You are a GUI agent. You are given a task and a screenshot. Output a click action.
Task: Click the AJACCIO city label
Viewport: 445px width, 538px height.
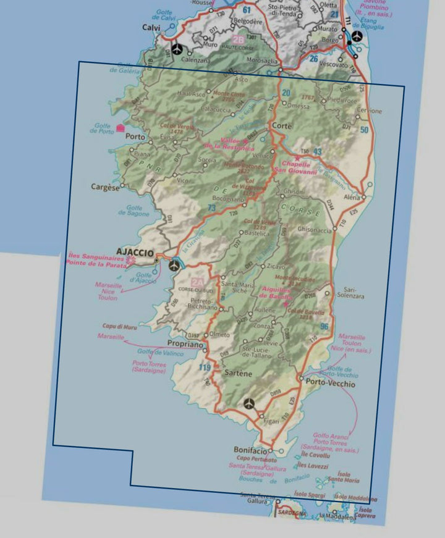click(135, 252)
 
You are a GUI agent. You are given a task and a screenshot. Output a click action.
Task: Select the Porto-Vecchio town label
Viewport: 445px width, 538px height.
click(331, 384)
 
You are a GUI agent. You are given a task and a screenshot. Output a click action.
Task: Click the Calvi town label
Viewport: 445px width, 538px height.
click(151, 28)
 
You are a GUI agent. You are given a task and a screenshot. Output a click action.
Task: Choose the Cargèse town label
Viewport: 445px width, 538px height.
click(104, 187)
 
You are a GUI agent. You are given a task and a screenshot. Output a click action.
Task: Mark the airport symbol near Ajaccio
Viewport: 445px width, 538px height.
click(175, 265)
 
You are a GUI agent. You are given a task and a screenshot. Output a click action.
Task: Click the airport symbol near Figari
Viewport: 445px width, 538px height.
click(249, 403)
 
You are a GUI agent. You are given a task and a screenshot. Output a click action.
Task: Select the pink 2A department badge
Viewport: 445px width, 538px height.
click(197, 283)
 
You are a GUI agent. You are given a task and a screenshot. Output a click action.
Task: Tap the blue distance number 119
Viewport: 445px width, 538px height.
click(205, 368)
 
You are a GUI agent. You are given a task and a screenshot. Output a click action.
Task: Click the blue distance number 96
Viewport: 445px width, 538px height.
click(324, 326)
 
